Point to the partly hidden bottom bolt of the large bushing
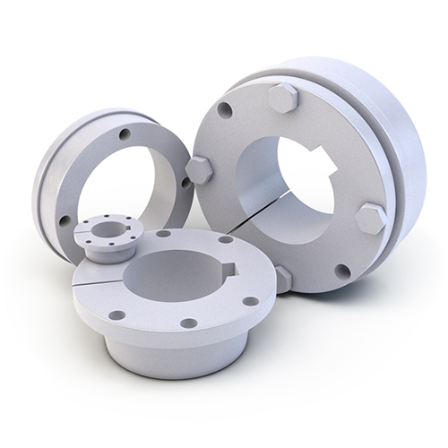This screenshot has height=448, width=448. point(284,277)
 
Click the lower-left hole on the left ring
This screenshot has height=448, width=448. point(65,218)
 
